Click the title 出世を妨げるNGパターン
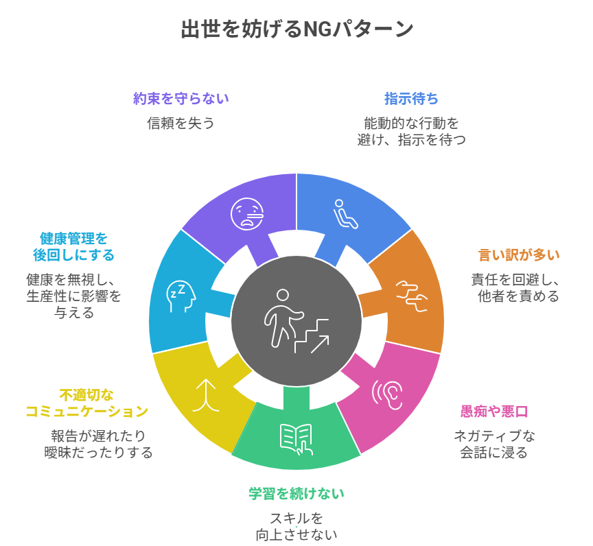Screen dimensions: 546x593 (296, 29)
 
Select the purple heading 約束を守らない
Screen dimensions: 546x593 (181, 99)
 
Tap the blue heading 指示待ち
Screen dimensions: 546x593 (411, 99)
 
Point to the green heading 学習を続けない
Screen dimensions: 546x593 (296, 493)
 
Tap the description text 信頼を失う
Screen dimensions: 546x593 (181, 123)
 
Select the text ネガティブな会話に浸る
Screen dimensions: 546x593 (493, 444)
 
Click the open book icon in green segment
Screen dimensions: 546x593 (296, 440)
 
